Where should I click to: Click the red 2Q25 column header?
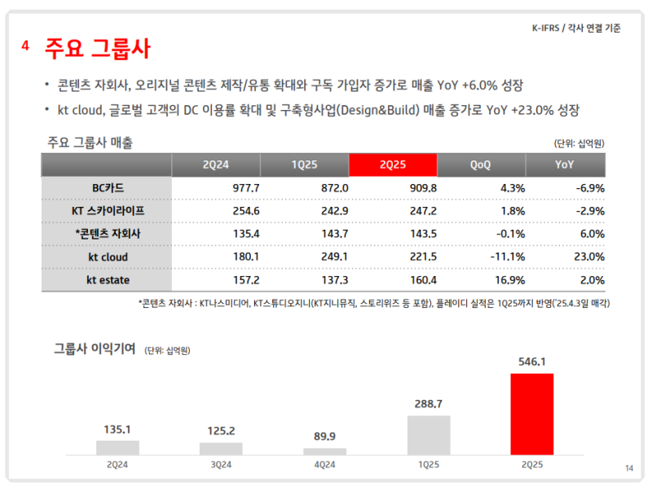393,165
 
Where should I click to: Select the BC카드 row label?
108,187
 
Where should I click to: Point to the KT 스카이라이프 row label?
108,210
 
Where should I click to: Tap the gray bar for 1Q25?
429,435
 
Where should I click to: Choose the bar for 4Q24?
324,451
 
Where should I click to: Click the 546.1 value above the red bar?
531,361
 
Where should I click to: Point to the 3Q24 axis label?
222,465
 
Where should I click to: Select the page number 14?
628,467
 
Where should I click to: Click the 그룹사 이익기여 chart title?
94,349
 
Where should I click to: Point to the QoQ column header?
481,165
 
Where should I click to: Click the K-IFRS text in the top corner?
542,29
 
